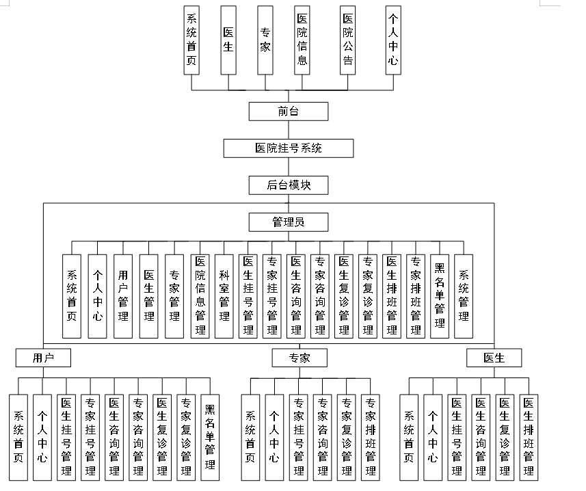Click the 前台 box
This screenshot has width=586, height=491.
[x=288, y=111]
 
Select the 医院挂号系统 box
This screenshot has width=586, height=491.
[x=288, y=148]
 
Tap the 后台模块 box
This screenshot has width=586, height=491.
[x=288, y=185]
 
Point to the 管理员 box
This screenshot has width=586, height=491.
[x=288, y=222]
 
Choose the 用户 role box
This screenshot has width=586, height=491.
[x=44, y=358]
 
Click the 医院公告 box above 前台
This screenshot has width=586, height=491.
[x=348, y=40]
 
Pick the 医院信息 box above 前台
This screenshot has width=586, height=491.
[x=302, y=40]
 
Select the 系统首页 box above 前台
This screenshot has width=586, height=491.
[x=191, y=40]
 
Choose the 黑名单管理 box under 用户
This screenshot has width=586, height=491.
[x=210, y=437]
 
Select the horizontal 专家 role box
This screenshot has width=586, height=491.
[x=299, y=358]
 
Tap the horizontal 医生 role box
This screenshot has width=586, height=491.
[x=494, y=358]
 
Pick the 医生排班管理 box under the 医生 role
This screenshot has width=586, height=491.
[x=529, y=437]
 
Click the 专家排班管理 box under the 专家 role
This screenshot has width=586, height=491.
[x=370, y=437]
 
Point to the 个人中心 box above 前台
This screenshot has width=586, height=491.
[x=392, y=40]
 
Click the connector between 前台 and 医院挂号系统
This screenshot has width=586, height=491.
[x=288, y=129]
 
